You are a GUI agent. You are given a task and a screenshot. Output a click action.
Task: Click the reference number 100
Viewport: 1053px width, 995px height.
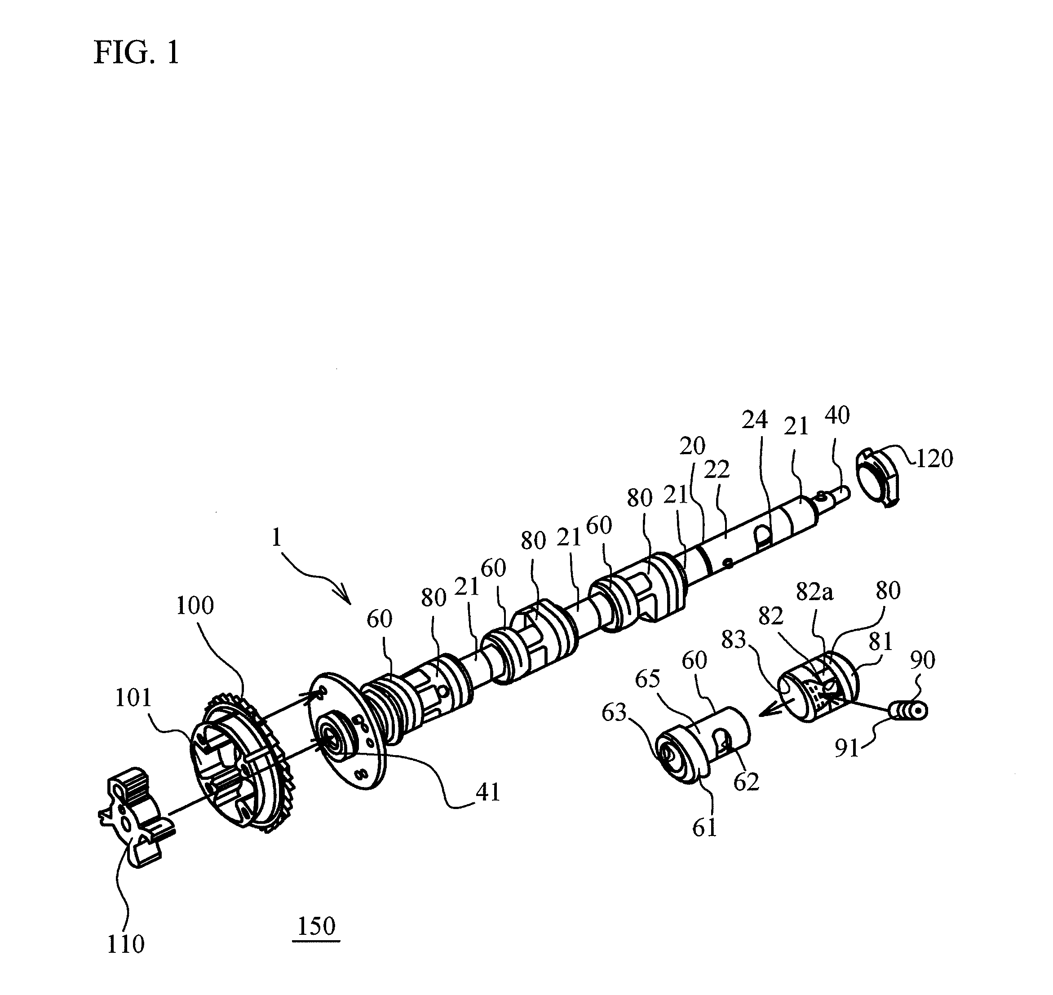tap(195, 605)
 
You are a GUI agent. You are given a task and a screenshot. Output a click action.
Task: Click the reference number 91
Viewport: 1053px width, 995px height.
tap(847, 748)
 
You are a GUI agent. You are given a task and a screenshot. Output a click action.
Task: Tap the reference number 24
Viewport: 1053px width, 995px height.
tap(755, 420)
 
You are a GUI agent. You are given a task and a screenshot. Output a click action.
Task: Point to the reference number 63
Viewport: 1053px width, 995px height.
tap(614, 713)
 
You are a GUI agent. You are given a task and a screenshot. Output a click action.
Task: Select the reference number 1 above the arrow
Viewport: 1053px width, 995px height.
tap(276, 538)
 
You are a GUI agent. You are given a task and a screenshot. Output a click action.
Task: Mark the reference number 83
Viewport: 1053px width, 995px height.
tap(734, 640)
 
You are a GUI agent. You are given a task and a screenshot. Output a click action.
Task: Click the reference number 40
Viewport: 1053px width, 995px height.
tap(837, 415)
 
